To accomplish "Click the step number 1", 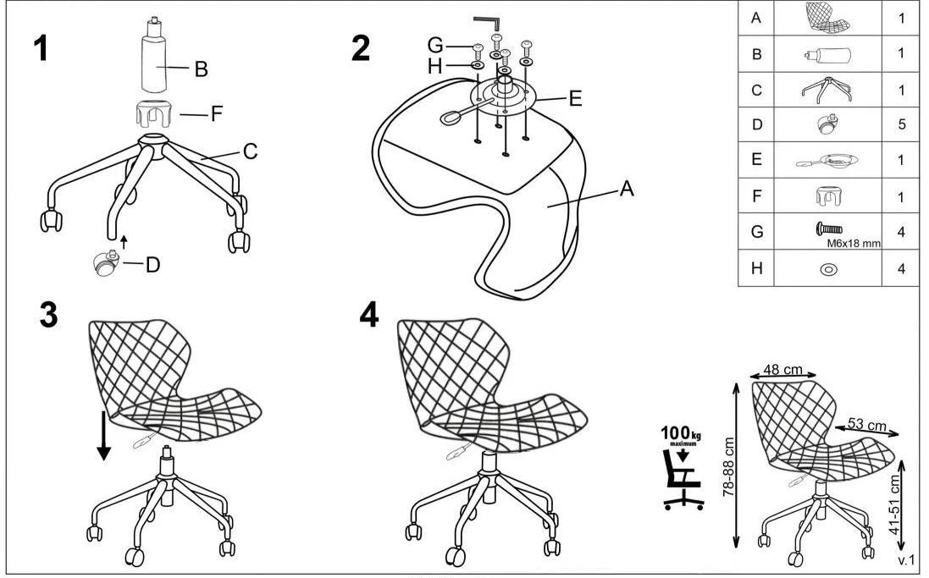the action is [x=41, y=47].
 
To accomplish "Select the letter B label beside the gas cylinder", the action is [x=202, y=69].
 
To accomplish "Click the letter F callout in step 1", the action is [x=217, y=113].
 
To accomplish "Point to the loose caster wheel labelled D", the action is [x=106, y=263].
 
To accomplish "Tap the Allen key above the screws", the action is [x=489, y=23].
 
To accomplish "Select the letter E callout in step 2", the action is [x=575, y=98].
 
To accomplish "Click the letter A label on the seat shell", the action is [x=626, y=189].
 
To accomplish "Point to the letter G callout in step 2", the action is [x=435, y=46].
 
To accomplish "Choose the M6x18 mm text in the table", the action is [x=853, y=244].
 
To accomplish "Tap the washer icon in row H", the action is [x=828, y=269].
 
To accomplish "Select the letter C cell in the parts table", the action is [x=756, y=91].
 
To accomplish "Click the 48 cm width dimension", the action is [x=782, y=370].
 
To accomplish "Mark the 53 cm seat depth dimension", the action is [x=867, y=425].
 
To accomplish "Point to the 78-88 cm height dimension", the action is [x=728, y=466].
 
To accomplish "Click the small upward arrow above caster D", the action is [x=124, y=242].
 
